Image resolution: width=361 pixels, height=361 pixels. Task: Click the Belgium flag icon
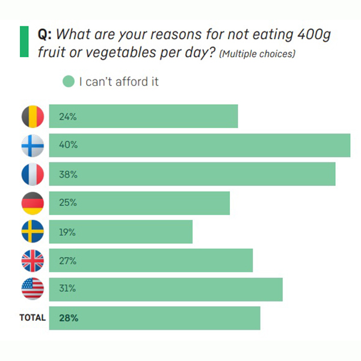coord(32,116)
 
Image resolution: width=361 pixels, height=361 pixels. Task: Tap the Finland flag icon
coord(32,145)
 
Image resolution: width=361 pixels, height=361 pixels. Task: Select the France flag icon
coord(32,174)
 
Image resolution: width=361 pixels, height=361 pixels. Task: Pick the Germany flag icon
coord(32,203)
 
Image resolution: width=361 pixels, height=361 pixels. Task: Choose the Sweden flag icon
coord(32,232)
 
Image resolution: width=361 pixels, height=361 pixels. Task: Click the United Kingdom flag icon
coord(32,261)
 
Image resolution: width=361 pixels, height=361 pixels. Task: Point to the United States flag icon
coord(32,289)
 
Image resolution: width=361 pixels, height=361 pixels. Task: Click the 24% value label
coord(67,117)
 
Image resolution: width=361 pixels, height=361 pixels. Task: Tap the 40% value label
coord(68,146)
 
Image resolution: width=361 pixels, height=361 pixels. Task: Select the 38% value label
coord(68,174)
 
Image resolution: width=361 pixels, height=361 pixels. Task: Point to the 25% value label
coord(67,203)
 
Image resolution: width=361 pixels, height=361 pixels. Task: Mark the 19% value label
coord(67,232)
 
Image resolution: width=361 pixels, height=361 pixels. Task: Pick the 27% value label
coord(67,261)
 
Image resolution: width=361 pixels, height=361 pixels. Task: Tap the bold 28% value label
coord(69,318)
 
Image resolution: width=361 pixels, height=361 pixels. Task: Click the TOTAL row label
coord(32,318)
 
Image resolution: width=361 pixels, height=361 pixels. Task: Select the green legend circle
coord(69,81)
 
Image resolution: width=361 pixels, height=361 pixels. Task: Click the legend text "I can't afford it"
coord(119,81)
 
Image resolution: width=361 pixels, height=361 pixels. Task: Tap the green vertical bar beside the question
coord(24,42)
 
